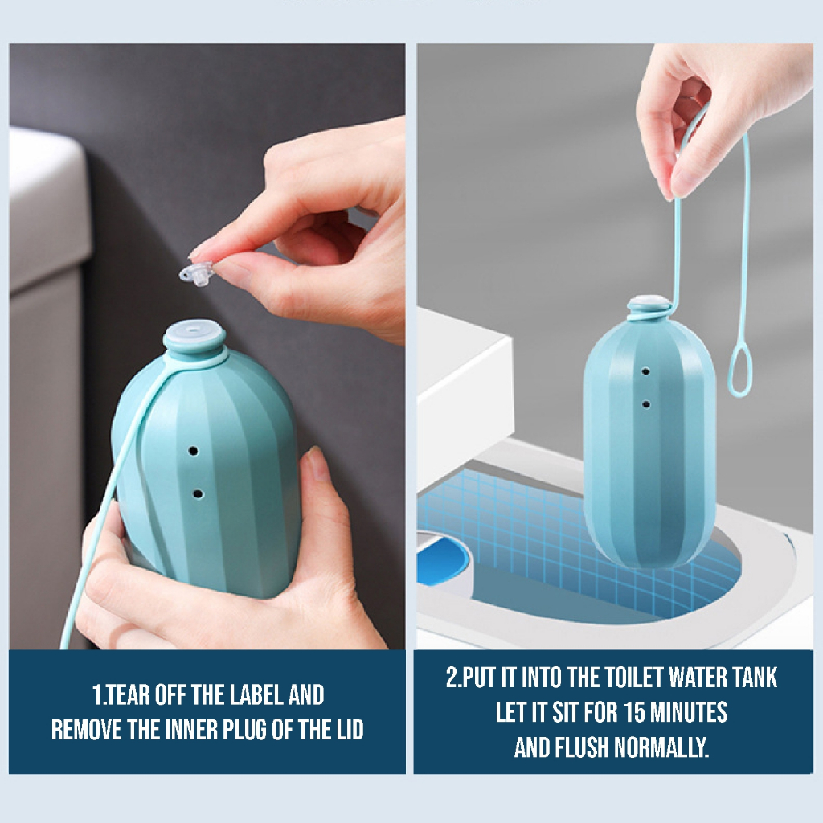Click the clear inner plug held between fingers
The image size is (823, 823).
click(196, 273)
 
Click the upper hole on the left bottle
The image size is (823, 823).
click(193, 451)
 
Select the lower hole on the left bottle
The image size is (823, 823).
click(198, 494)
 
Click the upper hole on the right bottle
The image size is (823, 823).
click(645, 371)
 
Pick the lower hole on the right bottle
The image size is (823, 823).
click(646, 405)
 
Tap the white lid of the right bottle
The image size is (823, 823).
click(649, 304)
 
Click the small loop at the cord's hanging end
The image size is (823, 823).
click(739, 373)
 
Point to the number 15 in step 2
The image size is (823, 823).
click(635, 712)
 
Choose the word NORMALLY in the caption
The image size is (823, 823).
click(661, 747)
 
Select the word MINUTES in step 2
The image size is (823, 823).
click(689, 712)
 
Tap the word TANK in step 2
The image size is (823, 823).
click(753, 678)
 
